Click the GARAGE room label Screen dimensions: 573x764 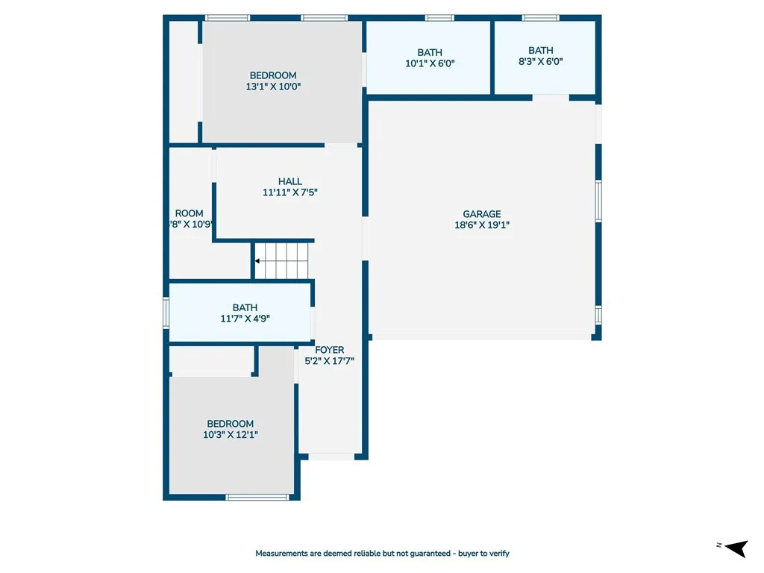[x=481, y=214]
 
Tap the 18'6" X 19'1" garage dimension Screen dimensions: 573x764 [x=481, y=225]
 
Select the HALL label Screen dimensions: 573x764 [x=289, y=181]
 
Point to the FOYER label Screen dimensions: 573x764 [x=329, y=350]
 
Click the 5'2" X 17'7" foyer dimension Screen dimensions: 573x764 [x=329, y=361]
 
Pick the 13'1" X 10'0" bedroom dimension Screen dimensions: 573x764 [x=273, y=87]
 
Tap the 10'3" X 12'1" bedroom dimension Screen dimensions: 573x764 [x=231, y=434]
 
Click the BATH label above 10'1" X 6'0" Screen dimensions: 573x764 [x=430, y=52]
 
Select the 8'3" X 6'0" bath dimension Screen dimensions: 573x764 [x=541, y=62]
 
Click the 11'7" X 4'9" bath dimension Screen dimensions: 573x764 [x=245, y=318]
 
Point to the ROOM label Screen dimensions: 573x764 [x=189, y=213]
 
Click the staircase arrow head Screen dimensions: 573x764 [x=257, y=261]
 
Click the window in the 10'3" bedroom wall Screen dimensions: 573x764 [x=257, y=497]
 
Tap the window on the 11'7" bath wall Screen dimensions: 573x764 [x=166, y=313]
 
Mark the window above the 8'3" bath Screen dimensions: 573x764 [x=540, y=18]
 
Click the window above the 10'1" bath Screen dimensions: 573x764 [x=439, y=18]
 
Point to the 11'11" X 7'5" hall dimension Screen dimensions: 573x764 [x=289, y=192]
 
